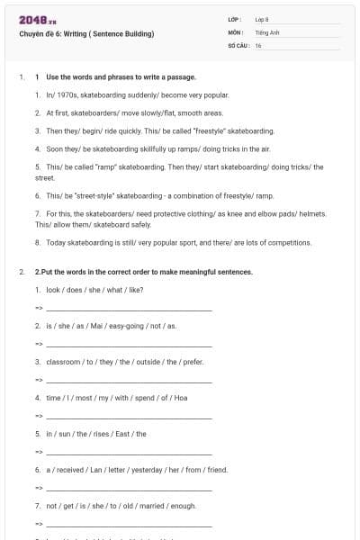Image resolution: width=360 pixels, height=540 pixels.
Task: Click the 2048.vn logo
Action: (x=32, y=20)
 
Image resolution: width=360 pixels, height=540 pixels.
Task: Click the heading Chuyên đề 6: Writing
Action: (x=85, y=34)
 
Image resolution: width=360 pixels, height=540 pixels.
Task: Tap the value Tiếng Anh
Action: (x=264, y=31)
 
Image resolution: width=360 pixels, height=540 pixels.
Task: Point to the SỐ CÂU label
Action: (x=237, y=45)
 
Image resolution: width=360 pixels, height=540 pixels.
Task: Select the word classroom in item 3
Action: (x=64, y=362)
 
